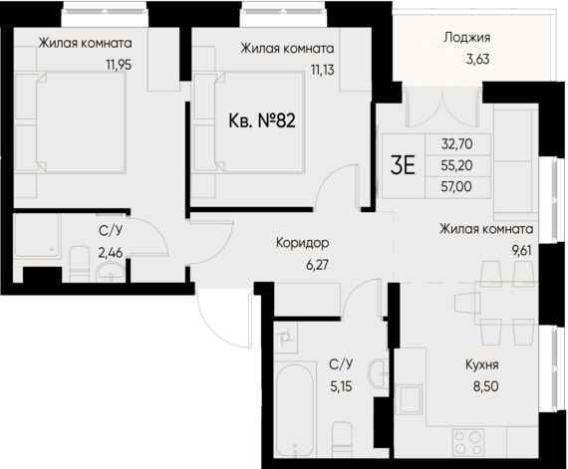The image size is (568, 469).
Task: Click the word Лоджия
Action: click(x=467, y=40)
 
